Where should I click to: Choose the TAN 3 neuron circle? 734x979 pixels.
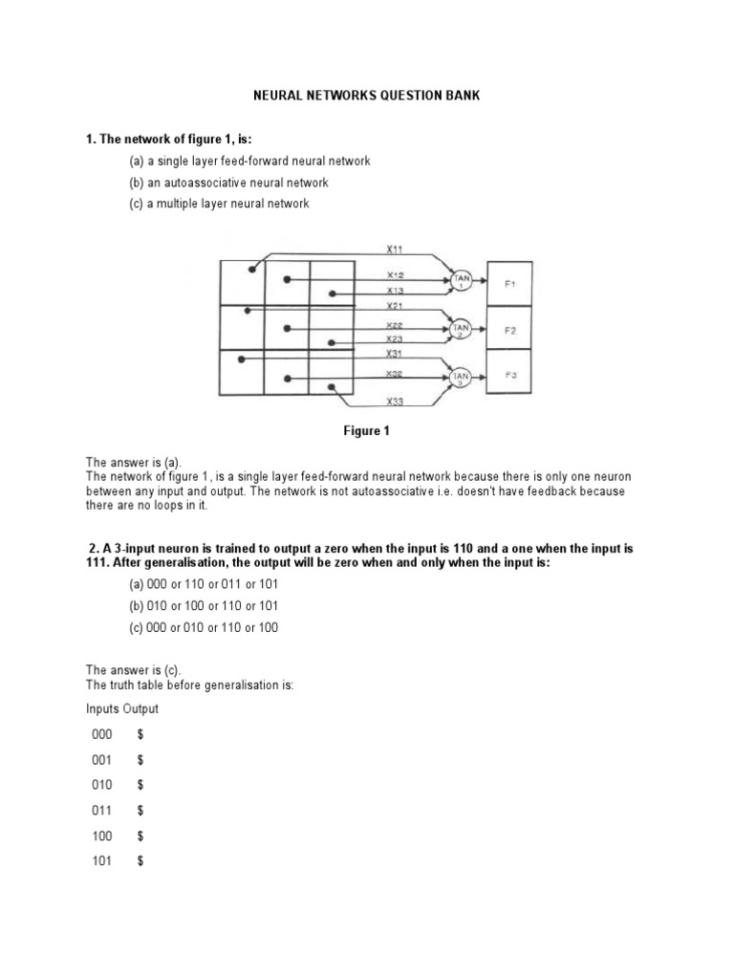point(463,376)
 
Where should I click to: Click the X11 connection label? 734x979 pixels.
point(394,249)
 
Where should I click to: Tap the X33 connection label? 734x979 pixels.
point(394,402)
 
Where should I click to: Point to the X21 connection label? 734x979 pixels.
point(394,306)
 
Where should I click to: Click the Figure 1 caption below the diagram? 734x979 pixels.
point(367,431)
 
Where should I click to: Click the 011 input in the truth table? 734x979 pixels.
point(102,810)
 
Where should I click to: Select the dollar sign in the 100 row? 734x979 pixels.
point(140,836)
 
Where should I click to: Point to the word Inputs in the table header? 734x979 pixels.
point(103,709)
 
